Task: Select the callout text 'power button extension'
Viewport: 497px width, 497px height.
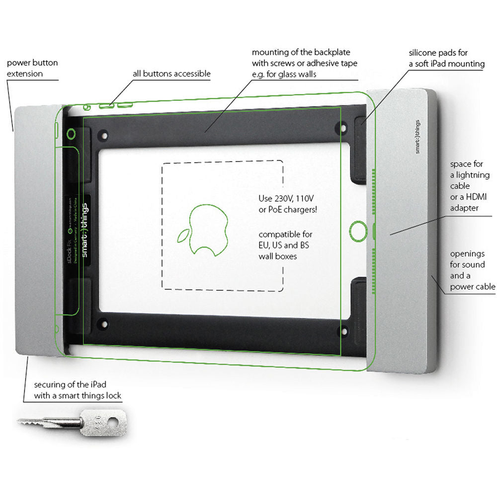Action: tap(32, 69)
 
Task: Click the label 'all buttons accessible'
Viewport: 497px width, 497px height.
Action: tap(171, 74)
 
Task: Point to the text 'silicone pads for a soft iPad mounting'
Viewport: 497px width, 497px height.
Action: tap(439, 58)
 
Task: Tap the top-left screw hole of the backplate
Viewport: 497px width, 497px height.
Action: tap(103, 134)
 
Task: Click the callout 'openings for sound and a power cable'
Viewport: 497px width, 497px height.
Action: tap(472, 269)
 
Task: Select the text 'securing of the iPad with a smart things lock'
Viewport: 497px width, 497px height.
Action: tap(78, 391)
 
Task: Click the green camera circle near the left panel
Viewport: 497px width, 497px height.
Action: tap(72, 133)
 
